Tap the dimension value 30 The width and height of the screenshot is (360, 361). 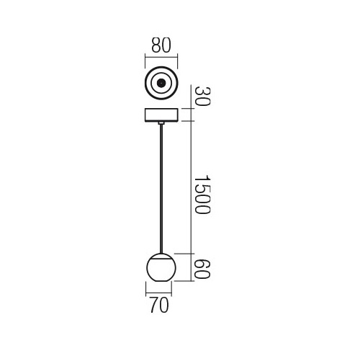click(x=202, y=97)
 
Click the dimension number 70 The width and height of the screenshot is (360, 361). click(x=159, y=306)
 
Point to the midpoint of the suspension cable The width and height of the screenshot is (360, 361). click(x=160, y=189)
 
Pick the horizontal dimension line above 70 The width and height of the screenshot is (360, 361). click(x=159, y=293)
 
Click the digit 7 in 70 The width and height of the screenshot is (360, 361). click(x=153, y=306)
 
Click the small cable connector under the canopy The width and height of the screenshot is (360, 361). click(x=160, y=125)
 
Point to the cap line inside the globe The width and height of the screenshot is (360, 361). click(x=159, y=262)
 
